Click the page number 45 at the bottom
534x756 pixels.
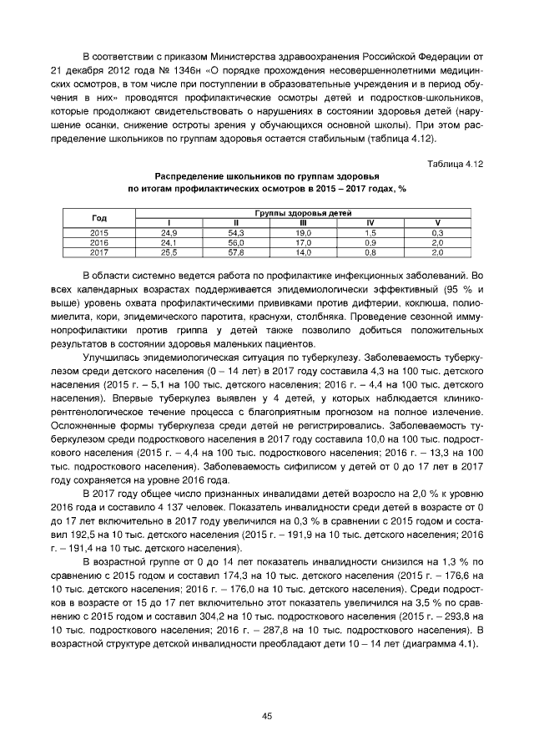coord(267,715)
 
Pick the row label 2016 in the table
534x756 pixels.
coord(99,241)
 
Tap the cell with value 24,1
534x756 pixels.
coord(168,241)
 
